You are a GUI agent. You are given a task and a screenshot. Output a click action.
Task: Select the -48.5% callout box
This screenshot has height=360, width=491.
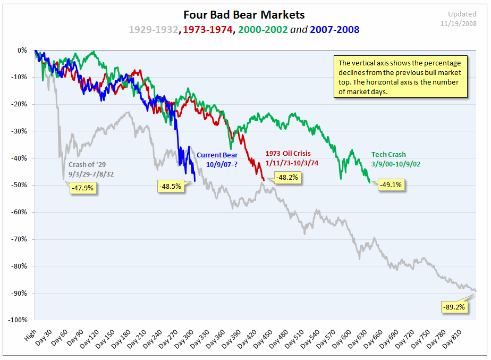tap(171, 186)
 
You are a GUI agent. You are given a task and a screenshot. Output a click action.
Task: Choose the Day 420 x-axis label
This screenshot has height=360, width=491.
tap(245, 336)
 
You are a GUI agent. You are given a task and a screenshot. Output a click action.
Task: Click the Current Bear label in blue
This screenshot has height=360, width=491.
tap(217, 155)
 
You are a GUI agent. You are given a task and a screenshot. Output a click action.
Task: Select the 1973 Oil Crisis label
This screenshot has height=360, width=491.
tap(288, 154)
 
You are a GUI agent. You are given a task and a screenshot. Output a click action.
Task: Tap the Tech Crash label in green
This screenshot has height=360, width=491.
tap(388, 155)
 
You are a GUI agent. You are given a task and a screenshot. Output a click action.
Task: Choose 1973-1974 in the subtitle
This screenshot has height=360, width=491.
tap(207, 30)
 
